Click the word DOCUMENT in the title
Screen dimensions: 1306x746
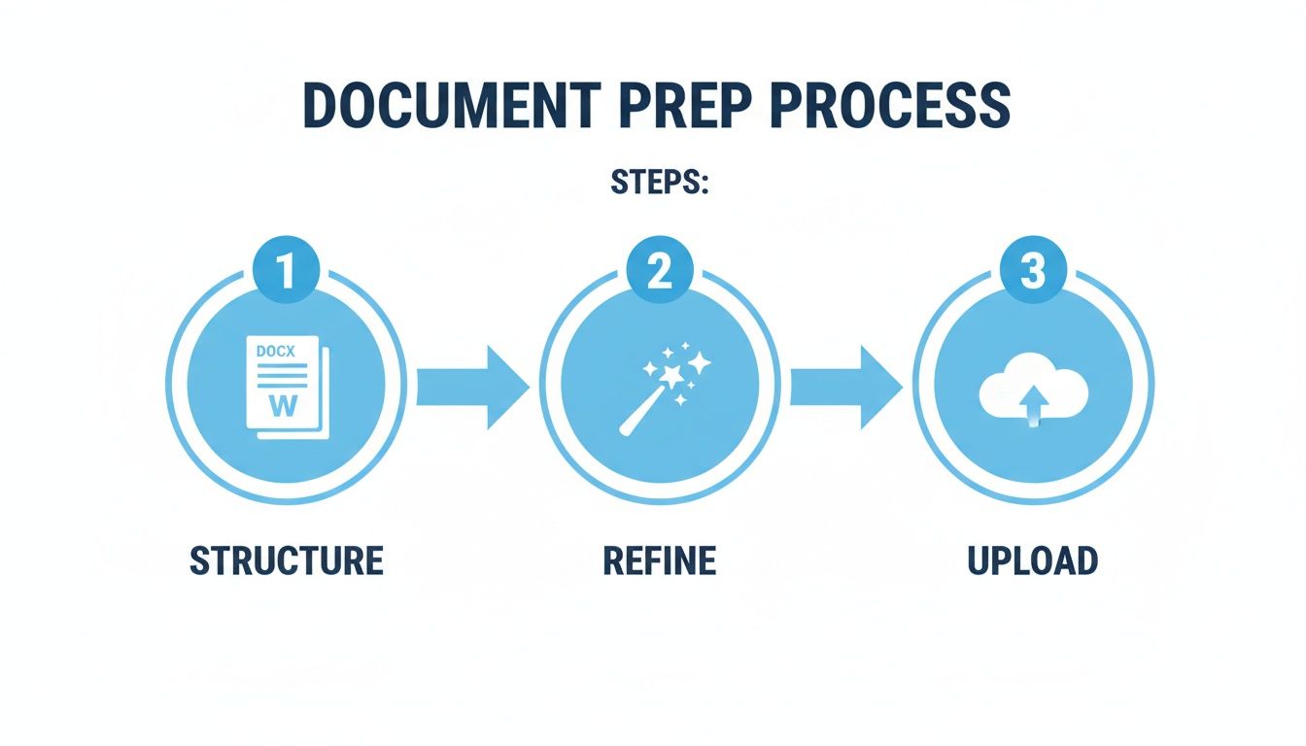click(x=452, y=105)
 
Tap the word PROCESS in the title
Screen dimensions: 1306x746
click(x=890, y=105)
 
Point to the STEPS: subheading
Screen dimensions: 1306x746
click(x=660, y=183)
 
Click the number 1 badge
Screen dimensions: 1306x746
click(x=286, y=269)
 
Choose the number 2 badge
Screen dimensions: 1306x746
click(x=660, y=269)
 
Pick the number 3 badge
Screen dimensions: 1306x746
click(x=1033, y=269)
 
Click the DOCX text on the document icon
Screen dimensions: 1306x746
click(x=276, y=351)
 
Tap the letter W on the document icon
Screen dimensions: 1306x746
click(x=284, y=405)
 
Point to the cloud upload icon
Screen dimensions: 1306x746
click(x=1033, y=390)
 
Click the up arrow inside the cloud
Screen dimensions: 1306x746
click(x=1033, y=405)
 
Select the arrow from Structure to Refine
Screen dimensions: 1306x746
click(x=473, y=387)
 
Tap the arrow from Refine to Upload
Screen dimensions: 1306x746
click(x=846, y=387)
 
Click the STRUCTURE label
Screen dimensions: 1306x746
click(x=287, y=560)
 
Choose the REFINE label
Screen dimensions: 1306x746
click(x=660, y=560)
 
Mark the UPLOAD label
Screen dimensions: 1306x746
click(x=1033, y=560)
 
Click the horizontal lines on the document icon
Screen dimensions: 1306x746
click(x=282, y=376)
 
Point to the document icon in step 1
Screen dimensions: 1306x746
click(x=288, y=387)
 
